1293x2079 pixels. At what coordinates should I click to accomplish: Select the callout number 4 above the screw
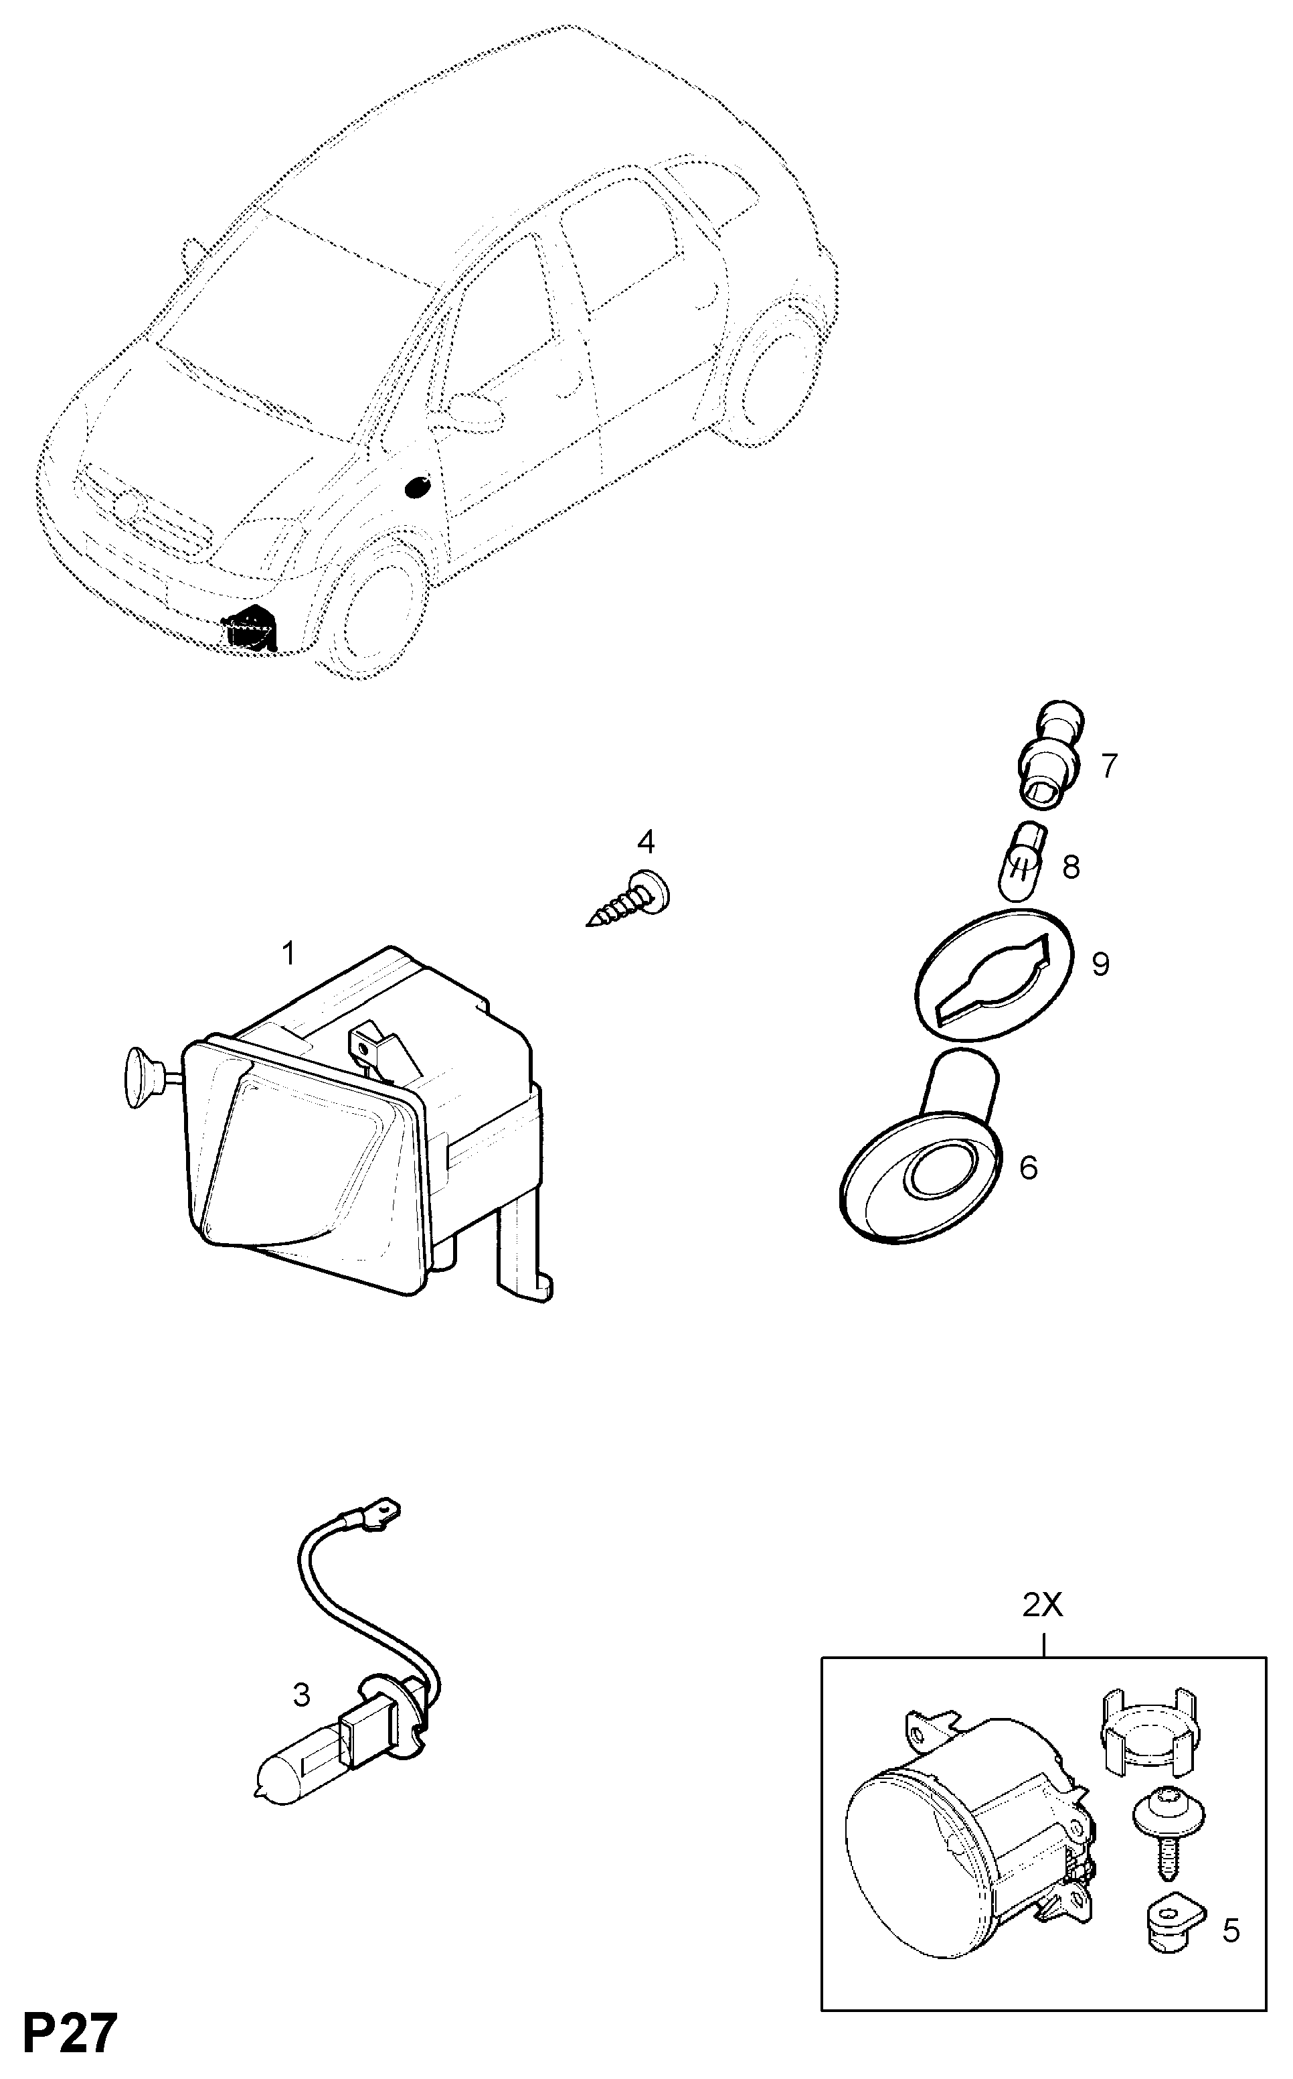coord(646,842)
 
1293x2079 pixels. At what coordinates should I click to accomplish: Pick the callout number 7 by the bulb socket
coord(1109,766)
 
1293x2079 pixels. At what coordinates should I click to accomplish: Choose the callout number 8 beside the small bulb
coord(1071,867)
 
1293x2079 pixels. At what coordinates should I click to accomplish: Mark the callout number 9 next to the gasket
coord(1100,964)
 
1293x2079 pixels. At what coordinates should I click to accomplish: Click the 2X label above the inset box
coord(1043,1606)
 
